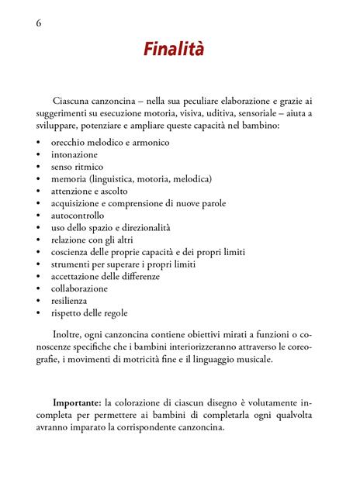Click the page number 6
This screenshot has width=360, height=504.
pyautogui.click(x=39, y=22)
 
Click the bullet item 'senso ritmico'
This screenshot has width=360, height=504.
pyautogui.click(x=77, y=167)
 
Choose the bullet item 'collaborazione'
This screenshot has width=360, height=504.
pyautogui.click(x=80, y=288)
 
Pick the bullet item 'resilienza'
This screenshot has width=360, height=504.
pyautogui.click(x=70, y=300)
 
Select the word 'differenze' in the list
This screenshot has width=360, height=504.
pyautogui.click(x=140, y=276)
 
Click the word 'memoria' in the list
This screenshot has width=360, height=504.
pyautogui.click(x=70, y=179)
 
